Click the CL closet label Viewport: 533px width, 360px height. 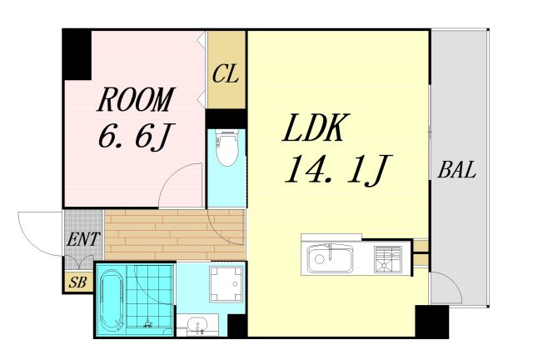[226, 74]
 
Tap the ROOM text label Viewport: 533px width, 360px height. [136, 99]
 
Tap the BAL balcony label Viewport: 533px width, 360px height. [456, 170]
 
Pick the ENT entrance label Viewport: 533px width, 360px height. [83, 239]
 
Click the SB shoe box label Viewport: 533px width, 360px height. [77, 282]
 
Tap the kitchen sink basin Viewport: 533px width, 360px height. [331, 258]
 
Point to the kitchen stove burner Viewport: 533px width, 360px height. [388, 259]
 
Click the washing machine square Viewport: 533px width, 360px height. [227, 284]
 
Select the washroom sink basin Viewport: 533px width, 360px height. [198, 325]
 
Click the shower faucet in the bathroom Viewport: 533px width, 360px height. [148, 323]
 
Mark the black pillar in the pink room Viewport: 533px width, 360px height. [77, 55]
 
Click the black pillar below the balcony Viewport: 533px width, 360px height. [431, 321]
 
